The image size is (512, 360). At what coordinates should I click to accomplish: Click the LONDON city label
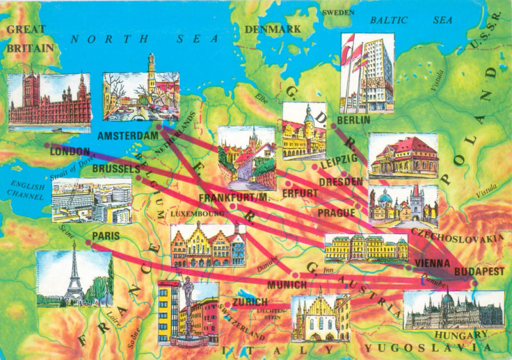click(x=69, y=152)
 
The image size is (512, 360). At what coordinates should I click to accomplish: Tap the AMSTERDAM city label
click(x=127, y=136)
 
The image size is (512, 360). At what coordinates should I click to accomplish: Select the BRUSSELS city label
click(x=116, y=168)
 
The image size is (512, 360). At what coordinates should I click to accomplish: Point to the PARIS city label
click(x=106, y=236)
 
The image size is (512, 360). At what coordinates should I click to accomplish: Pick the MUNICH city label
click(x=287, y=284)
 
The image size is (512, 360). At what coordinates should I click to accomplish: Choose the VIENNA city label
click(x=433, y=263)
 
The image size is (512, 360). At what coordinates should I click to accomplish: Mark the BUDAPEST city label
click(x=479, y=272)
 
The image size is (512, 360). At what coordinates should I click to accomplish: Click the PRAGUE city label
click(x=336, y=212)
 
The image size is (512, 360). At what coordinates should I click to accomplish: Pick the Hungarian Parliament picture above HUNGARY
click(x=453, y=310)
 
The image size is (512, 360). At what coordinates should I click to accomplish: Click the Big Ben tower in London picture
click(x=82, y=90)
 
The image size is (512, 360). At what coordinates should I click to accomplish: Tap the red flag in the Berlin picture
click(x=348, y=52)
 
